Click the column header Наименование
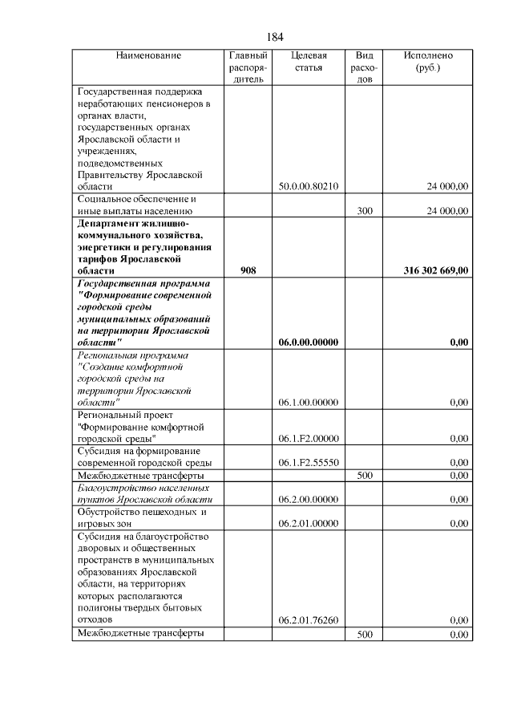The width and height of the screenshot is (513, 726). pos(148,56)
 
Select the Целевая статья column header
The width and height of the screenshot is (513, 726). pos(309,62)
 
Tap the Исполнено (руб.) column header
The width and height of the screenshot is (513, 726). pos(428,62)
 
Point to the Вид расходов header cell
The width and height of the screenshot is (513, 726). pos(364,68)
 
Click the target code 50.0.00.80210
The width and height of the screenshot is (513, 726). pos(309,186)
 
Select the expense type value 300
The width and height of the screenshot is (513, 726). pos(364,211)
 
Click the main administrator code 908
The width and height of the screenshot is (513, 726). pos(248,271)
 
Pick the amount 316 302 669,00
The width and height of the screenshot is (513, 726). pos(435,271)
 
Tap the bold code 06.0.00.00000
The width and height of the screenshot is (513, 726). pos(309,343)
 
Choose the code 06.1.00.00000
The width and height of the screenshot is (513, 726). pos(309,403)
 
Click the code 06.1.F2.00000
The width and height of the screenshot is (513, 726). pos(309,439)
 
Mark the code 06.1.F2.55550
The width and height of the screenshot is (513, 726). pos(309,463)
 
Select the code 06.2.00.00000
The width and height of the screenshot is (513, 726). pos(309,499)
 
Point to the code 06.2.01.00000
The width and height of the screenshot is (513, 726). pos(309,524)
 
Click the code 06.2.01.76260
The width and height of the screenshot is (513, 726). pos(309,620)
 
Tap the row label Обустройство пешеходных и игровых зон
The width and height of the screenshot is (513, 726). pos(142,517)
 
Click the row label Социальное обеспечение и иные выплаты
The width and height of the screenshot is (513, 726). pos(136,205)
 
